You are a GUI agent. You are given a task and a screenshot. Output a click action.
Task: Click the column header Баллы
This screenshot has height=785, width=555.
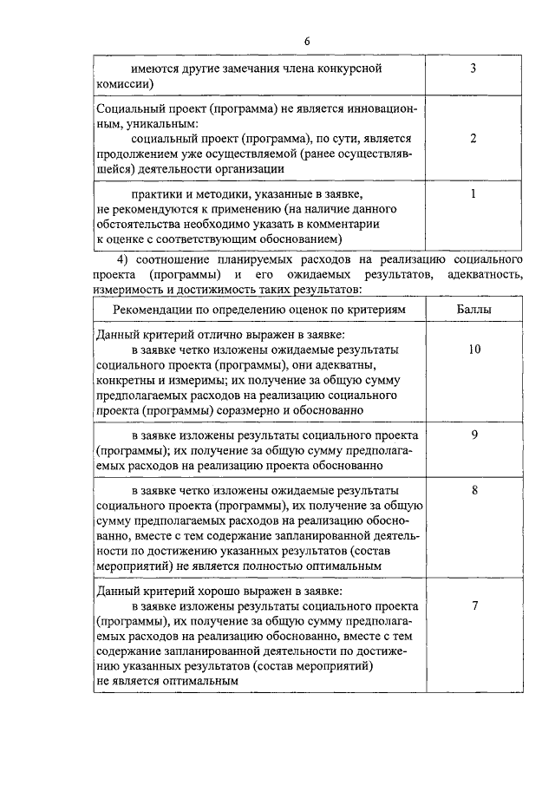474,310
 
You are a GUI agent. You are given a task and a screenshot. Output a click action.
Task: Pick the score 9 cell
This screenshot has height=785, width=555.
474,435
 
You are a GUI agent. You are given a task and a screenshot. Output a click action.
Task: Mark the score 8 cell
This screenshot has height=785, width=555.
474,489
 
